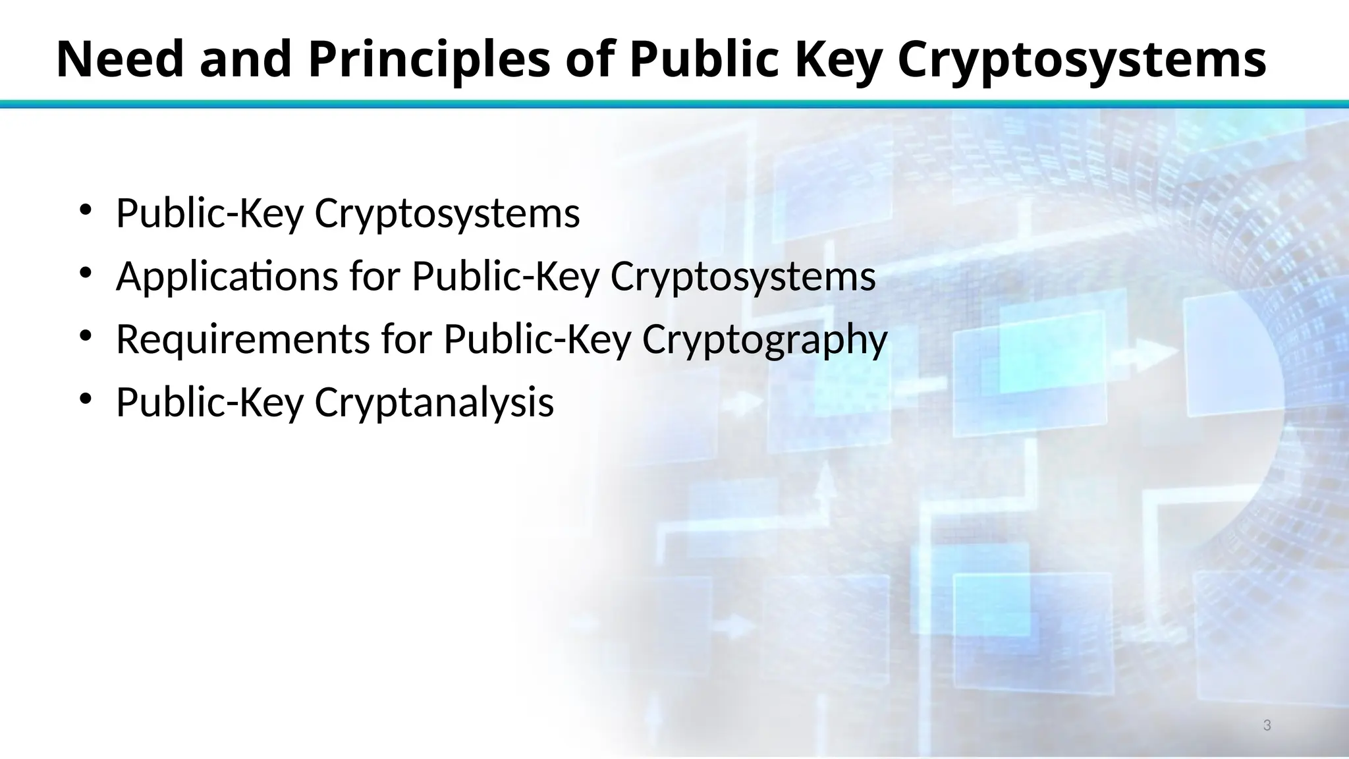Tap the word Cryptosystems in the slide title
coord(1082,59)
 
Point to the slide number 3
coord(1267,725)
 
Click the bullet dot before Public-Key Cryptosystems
coord(85,210)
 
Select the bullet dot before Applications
coord(85,273)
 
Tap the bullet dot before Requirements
coord(85,336)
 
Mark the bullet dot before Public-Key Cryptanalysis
coord(85,399)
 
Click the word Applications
coord(227,276)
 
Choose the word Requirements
coord(242,339)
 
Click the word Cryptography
coord(765,339)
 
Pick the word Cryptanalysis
coord(434,403)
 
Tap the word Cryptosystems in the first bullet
coord(447,213)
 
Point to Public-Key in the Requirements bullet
coord(537,339)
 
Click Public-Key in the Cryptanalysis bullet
coord(209,403)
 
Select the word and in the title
coord(245,59)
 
